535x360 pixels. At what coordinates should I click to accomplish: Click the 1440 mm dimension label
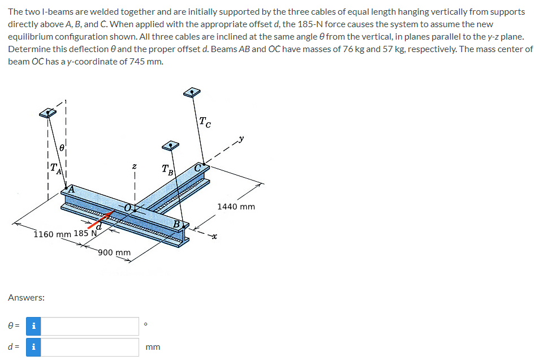coord(236,207)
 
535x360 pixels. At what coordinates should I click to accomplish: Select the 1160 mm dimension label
coord(52,234)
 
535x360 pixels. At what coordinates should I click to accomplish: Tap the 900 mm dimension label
coord(114,252)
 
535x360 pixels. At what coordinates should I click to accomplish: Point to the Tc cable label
coord(206,121)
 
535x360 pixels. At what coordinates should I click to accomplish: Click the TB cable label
coord(167,169)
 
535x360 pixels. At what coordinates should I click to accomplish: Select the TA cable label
coord(54,168)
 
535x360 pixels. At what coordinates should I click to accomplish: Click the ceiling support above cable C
coord(193,92)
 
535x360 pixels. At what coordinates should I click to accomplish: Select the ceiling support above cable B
coord(169,146)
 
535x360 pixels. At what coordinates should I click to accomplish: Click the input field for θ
coord(90,326)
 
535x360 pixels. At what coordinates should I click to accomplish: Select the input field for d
coord(90,347)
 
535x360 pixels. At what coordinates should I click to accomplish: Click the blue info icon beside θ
coord(34,326)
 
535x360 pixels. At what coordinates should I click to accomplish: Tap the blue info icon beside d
coord(34,347)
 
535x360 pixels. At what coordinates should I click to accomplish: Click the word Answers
coord(27,297)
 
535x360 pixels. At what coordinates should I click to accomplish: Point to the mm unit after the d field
coord(153,347)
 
